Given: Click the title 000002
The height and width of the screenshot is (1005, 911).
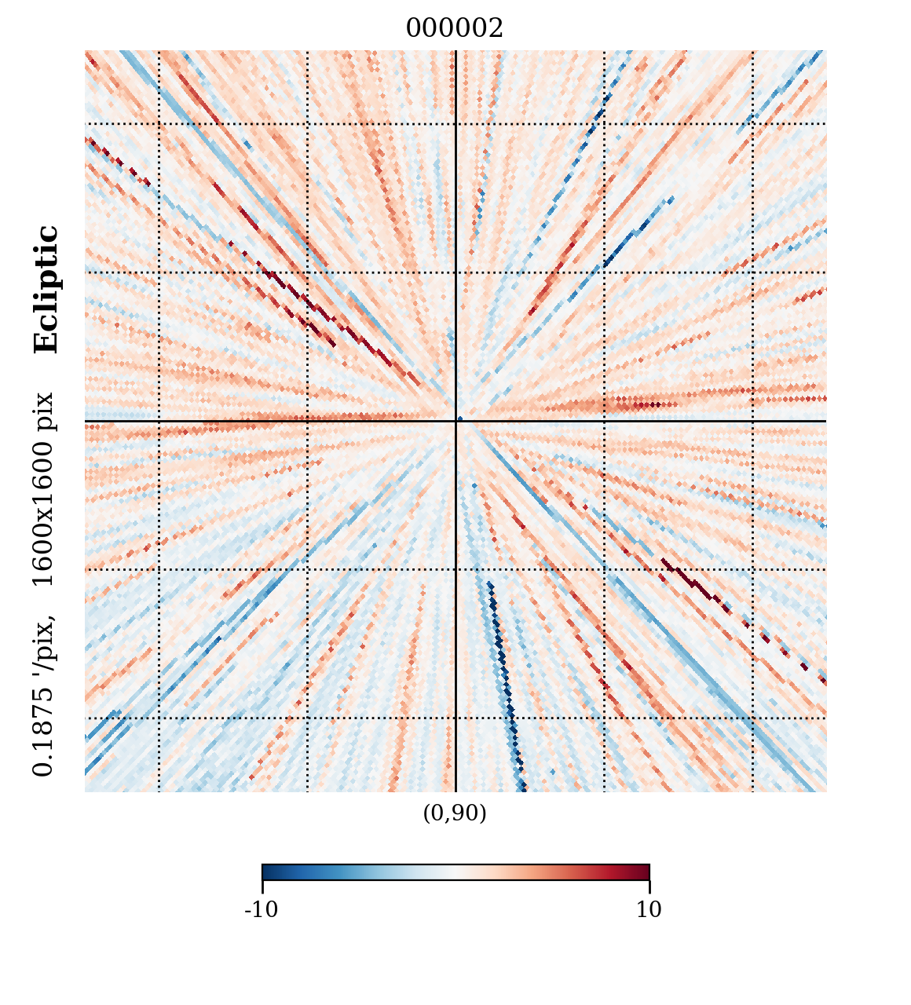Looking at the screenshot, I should pyautogui.click(x=454, y=29).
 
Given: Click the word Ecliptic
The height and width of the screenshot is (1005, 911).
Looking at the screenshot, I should pyautogui.click(x=46, y=290).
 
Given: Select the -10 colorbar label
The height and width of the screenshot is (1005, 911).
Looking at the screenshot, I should pyautogui.click(x=262, y=910).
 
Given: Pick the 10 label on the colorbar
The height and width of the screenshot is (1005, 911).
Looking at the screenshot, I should pyautogui.click(x=649, y=910).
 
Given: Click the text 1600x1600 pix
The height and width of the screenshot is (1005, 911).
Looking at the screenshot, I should pyautogui.click(x=44, y=489).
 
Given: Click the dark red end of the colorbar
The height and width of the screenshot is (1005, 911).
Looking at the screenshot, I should pyautogui.click(x=644, y=872).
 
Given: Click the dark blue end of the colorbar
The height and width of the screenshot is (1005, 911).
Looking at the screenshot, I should pyautogui.click(x=267, y=872).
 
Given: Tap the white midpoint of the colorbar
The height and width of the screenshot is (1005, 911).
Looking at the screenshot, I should pyautogui.click(x=455, y=872).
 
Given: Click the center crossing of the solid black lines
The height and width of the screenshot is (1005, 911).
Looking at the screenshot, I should pyautogui.click(x=455, y=422).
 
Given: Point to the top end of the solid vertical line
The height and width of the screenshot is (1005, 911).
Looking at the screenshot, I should pyautogui.click(x=455, y=52).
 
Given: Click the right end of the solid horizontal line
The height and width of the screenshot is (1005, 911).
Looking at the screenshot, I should pyautogui.click(x=825, y=422).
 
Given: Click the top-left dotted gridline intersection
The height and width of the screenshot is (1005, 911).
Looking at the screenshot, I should pyautogui.click(x=159, y=123).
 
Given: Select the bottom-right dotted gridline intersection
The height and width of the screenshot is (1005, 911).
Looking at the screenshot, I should pyautogui.click(x=752, y=718).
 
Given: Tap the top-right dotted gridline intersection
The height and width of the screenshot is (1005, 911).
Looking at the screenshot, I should pyautogui.click(x=752, y=123).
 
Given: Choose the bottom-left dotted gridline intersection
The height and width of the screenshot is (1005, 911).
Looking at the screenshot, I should pyautogui.click(x=159, y=718).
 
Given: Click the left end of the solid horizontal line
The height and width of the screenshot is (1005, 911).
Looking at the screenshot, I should pyautogui.click(x=86, y=422).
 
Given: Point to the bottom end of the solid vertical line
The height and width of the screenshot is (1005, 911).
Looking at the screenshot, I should pyautogui.click(x=455, y=791).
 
